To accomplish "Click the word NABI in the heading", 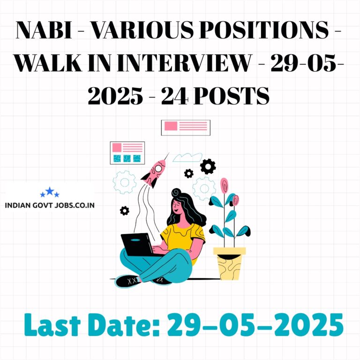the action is [44, 30].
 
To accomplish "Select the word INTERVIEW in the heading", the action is [184, 62].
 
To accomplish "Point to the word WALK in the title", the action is [48, 62].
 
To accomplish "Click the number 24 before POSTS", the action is [175, 96].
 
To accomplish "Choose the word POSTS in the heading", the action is [232, 96].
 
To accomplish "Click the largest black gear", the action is [208, 166].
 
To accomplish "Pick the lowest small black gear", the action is [124, 210].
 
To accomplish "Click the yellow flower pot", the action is [229, 263].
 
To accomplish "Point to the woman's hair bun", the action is [176, 192].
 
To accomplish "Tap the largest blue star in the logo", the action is [50, 191].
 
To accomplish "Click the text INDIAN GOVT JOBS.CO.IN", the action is [50, 205].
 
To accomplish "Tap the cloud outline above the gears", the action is [187, 157].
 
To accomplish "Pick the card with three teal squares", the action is [127, 153].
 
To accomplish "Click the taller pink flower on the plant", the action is [225, 186].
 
